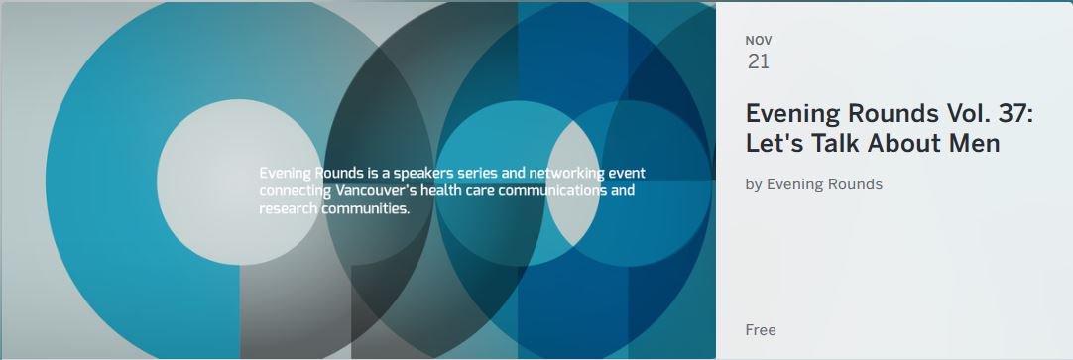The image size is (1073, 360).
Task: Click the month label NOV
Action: pyautogui.click(x=759, y=41)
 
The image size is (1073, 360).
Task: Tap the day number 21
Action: pyautogui.click(x=759, y=61)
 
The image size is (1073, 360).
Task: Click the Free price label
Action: pyautogui.click(x=761, y=330)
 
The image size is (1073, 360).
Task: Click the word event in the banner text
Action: pyautogui.click(x=626, y=174)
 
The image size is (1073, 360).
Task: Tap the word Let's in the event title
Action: pyautogui.click(x=772, y=144)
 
